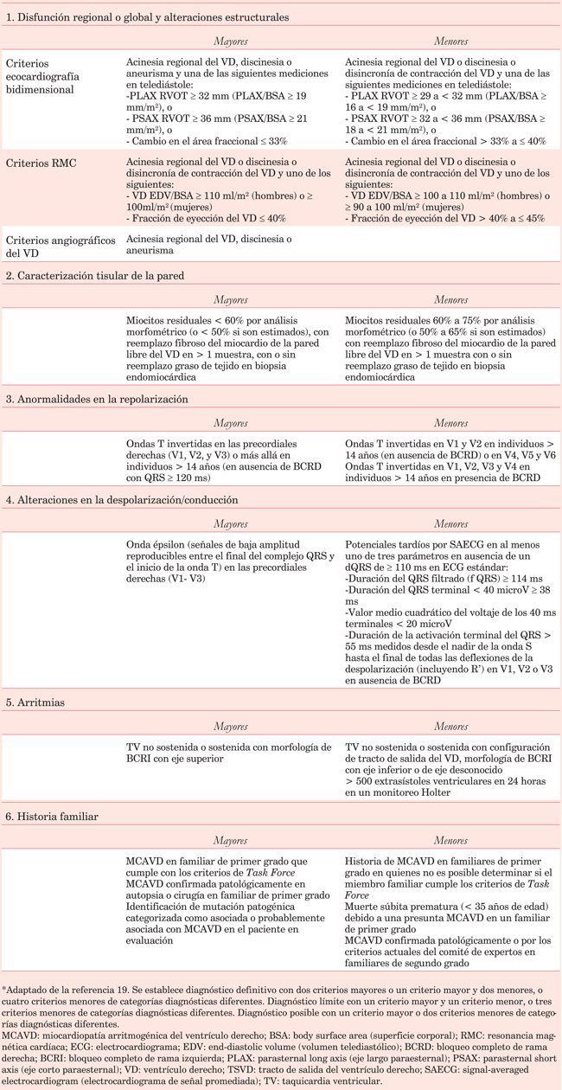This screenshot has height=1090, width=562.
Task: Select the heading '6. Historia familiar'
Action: pyautogui.click(x=53, y=817)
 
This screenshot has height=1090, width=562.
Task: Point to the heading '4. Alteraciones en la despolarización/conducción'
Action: pyautogui.click(x=122, y=500)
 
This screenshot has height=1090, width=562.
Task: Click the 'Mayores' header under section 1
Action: pyautogui.click(x=230, y=41)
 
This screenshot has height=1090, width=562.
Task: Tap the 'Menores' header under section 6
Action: pyautogui.click(x=451, y=840)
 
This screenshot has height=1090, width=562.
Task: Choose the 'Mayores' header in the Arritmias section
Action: pyautogui.click(x=230, y=726)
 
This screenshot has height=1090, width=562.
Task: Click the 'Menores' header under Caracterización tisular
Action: pyautogui.click(x=451, y=299)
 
